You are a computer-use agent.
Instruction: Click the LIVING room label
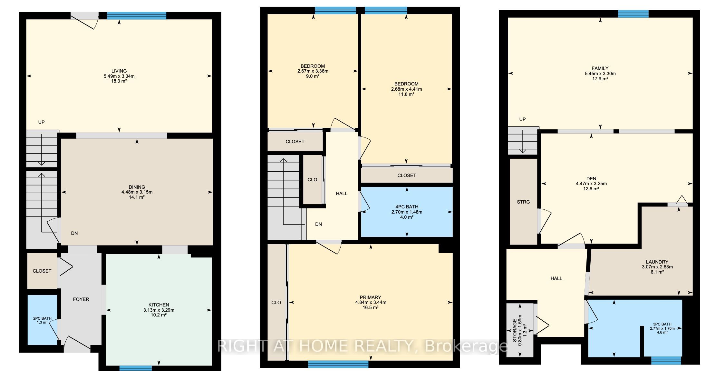click(119, 71)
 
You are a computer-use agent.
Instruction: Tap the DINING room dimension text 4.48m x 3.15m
click(137, 192)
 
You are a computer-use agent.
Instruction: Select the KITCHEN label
click(159, 305)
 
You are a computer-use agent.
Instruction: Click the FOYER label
click(81, 299)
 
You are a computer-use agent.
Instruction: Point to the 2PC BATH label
click(42, 318)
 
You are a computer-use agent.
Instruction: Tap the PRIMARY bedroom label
click(371, 297)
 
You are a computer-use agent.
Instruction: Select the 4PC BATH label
click(407, 207)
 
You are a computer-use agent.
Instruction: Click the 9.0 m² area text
click(313, 76)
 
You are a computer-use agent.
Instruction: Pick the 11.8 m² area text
click(406, 94)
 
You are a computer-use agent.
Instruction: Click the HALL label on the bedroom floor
click(342, 194)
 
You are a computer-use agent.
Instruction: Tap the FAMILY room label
click(600, 68)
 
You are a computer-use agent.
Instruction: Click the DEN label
click(591, 179)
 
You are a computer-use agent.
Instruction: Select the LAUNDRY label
click(657, 262)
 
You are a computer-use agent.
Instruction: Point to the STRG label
click(523, 202)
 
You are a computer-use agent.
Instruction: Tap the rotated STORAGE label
click(515, 330)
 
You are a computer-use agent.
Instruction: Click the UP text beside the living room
click(41, 122)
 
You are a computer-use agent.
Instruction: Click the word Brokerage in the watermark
click(466, 346)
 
